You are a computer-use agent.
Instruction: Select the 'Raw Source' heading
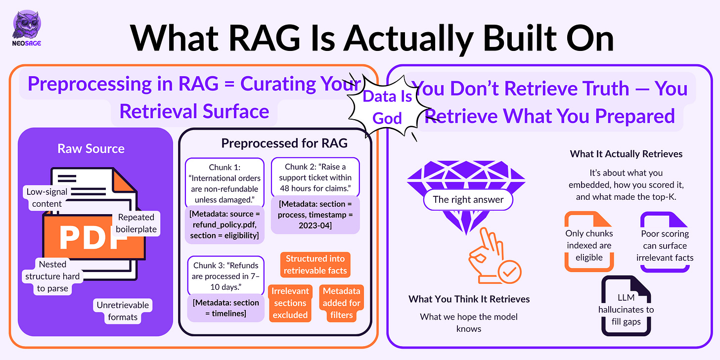[x=91, y=148]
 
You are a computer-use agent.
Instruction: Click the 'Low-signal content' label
[x=47, y=198]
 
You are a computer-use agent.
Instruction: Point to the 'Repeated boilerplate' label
[x=136, y=223]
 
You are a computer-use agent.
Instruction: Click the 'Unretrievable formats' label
[x=123, y=311]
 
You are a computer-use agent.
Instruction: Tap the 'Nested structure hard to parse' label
[x=52, y=276]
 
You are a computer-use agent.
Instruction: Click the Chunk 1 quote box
[x=225, y=183]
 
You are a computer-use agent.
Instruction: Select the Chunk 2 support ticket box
[x=315, y=177]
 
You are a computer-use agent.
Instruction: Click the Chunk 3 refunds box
[x=225, y=276]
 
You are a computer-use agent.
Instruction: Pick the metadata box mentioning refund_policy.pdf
[x=225, y=225]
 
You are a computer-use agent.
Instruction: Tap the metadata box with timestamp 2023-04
[x=315, y=215]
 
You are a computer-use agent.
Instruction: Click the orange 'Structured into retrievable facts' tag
[x=315, y=265]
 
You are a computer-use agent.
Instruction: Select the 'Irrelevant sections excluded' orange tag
[x=290, y=303]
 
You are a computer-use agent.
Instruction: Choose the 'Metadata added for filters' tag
[x=341, y=303]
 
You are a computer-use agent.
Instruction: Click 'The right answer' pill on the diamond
[x=468, y=200]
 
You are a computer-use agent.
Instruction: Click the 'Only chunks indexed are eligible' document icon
[x=589, y=241]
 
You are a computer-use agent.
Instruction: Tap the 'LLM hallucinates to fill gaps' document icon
[x=626, y=306]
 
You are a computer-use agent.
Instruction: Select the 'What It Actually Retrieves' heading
[x=626, y=154]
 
